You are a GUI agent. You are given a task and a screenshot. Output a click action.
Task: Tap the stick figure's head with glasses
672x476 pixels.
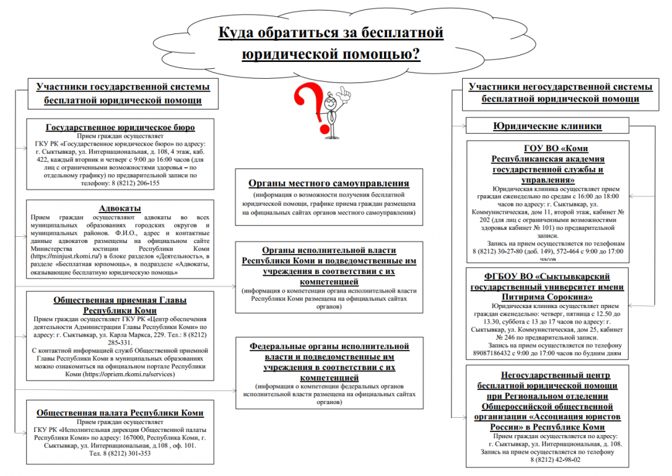point(333,99)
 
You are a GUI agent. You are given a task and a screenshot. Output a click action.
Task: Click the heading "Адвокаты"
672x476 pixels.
point(120,208)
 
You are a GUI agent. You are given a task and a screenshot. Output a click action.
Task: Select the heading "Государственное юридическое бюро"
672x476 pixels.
point(120,128)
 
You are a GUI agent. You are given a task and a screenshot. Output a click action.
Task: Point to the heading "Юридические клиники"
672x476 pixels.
point(547,126)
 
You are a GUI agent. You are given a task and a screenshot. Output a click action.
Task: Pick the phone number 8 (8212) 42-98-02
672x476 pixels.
point(554,461)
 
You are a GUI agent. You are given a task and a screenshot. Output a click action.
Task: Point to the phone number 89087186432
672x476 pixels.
point(494,354)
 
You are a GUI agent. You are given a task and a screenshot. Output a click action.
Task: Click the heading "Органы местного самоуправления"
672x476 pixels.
point(328,183)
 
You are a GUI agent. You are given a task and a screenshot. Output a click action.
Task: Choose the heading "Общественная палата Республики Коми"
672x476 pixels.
point(120,413)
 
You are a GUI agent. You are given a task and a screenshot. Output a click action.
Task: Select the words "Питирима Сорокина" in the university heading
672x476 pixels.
point(548,297)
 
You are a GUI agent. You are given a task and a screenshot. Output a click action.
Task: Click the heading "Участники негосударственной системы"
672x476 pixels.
point(560,87)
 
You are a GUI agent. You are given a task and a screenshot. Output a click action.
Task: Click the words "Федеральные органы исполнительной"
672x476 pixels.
point(329,346)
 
